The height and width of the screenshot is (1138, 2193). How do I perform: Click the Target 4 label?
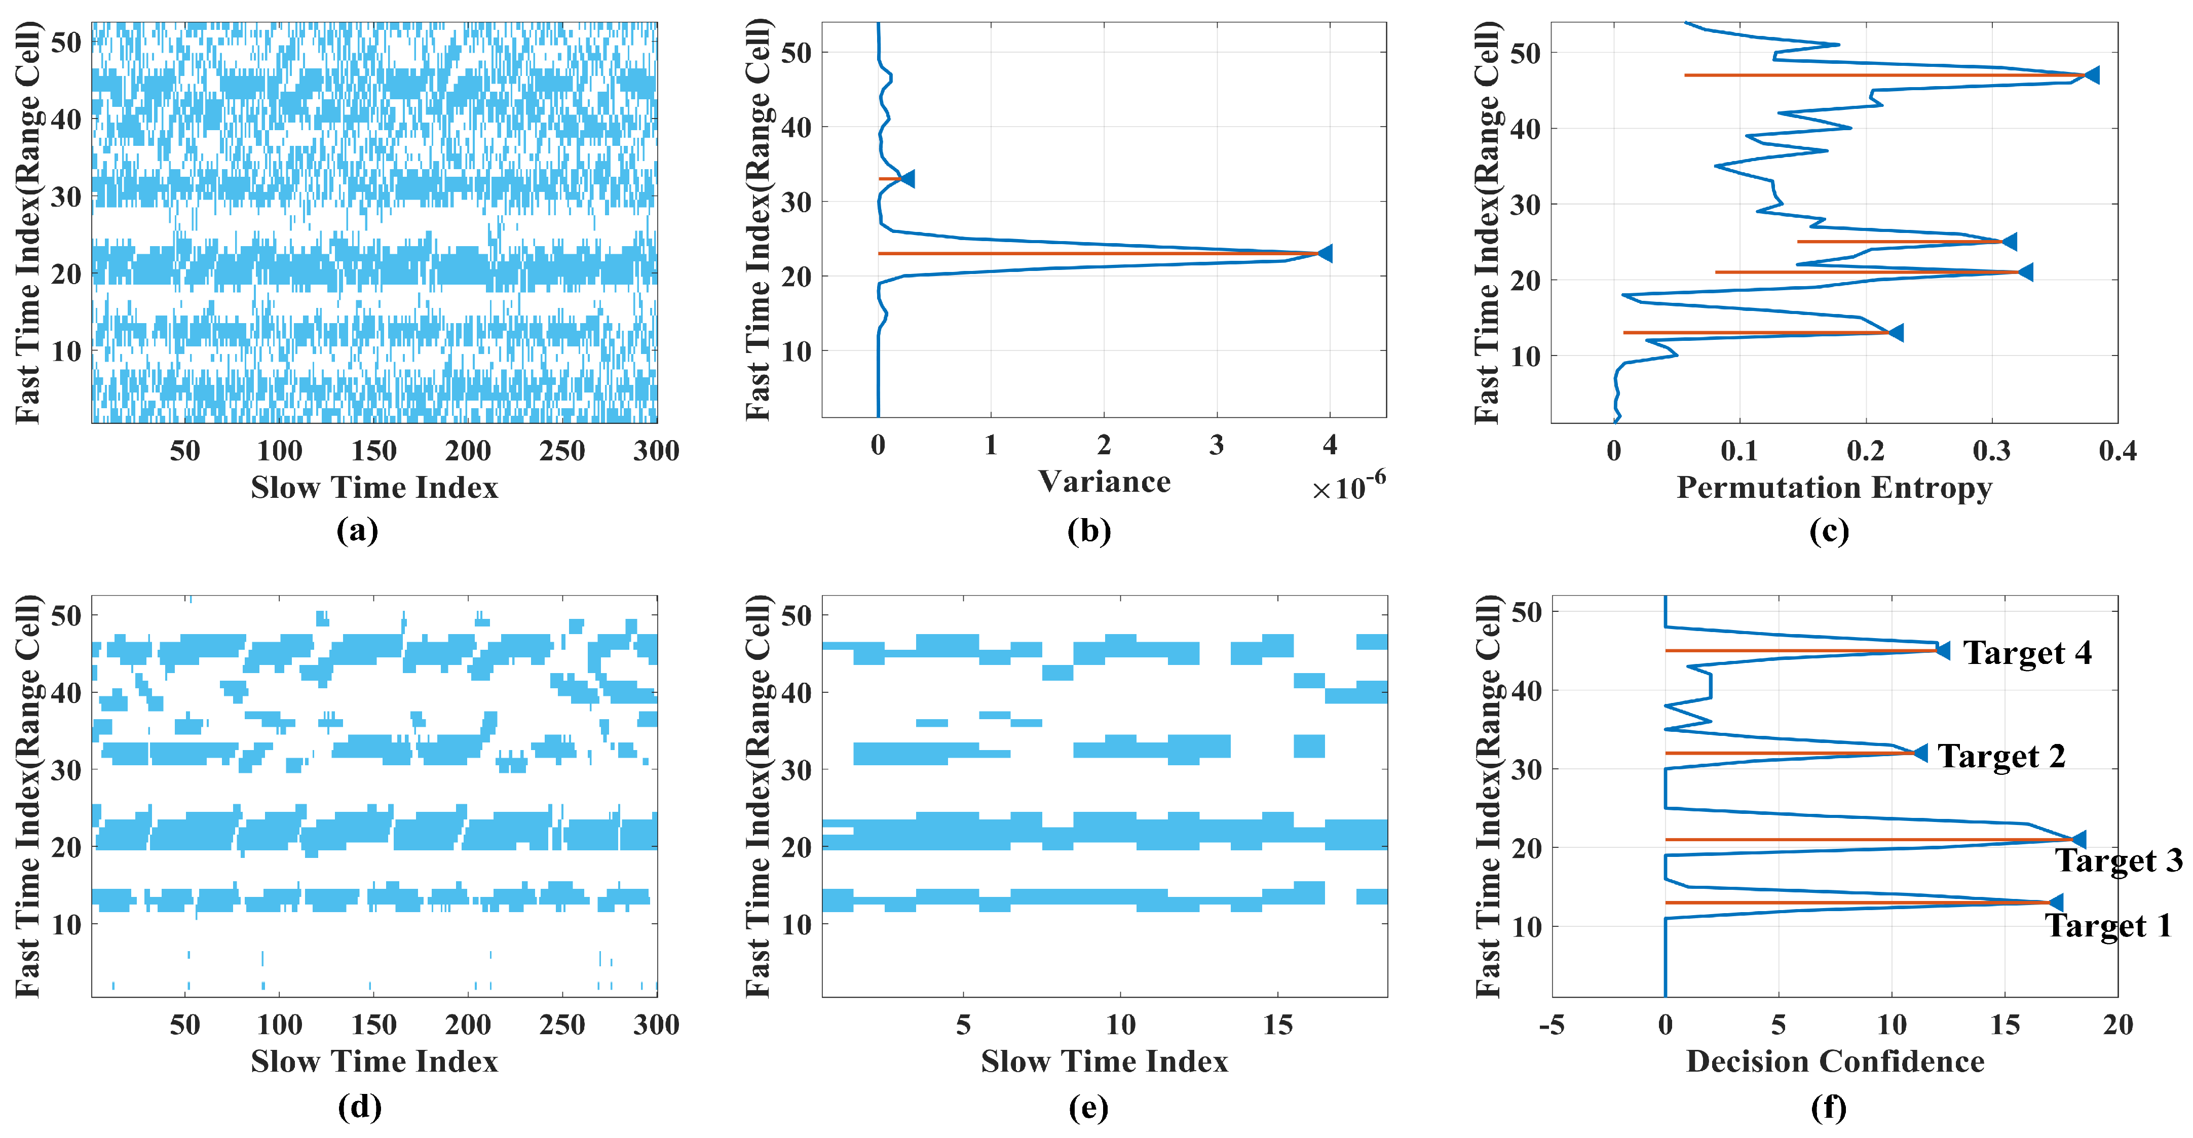click(2026, 653)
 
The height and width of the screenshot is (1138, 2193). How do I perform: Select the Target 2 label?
click(2001, 756)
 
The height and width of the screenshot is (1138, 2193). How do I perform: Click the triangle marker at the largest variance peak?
click(1325, 254)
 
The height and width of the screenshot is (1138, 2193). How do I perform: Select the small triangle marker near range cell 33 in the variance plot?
click(908, 179)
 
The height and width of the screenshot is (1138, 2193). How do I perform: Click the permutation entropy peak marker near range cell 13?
click(1896, 333)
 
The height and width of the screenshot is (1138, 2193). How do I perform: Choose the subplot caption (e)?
click(1088, 1107)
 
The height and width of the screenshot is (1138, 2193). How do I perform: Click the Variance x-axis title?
click(1104, 482)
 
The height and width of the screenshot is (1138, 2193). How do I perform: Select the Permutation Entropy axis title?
click(1834, 488)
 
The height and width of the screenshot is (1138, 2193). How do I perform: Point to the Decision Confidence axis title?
click(1835, 1062)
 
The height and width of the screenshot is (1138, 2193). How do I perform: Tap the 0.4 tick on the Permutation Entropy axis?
click(2116, 451)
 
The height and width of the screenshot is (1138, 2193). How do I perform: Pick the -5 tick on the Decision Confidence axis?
click(1551, 1025)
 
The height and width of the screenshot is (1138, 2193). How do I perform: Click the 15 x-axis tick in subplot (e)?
click(1277, 1025)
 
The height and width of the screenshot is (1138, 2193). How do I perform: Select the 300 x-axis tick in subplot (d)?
click(656, 1025)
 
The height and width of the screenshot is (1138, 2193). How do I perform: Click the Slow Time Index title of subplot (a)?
click(374, 488)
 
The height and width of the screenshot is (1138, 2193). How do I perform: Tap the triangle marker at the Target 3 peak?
click(2078, 840)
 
